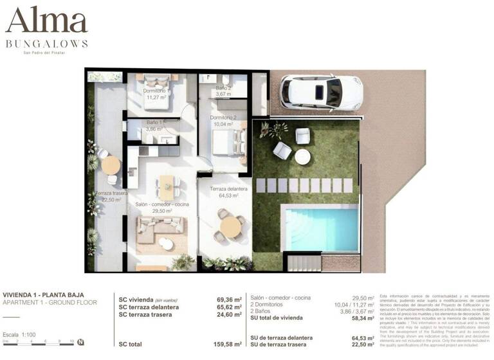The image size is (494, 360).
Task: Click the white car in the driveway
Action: (x=321, y=93)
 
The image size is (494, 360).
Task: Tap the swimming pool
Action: (x=321, y=228)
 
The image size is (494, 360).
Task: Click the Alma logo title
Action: (x=46, y=22)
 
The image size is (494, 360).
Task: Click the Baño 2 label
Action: (x=222, y=91)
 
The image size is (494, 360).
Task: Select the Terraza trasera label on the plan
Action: (x=111, y=196)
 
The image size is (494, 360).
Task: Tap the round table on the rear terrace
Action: (x=111, y=165)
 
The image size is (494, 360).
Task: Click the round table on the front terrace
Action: (x=229, y=226)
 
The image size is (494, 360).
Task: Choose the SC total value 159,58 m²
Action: (x=228, y=344)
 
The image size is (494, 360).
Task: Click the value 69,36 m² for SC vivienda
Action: (x=229, y=299)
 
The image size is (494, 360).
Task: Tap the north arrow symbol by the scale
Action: (x=80, y=342)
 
